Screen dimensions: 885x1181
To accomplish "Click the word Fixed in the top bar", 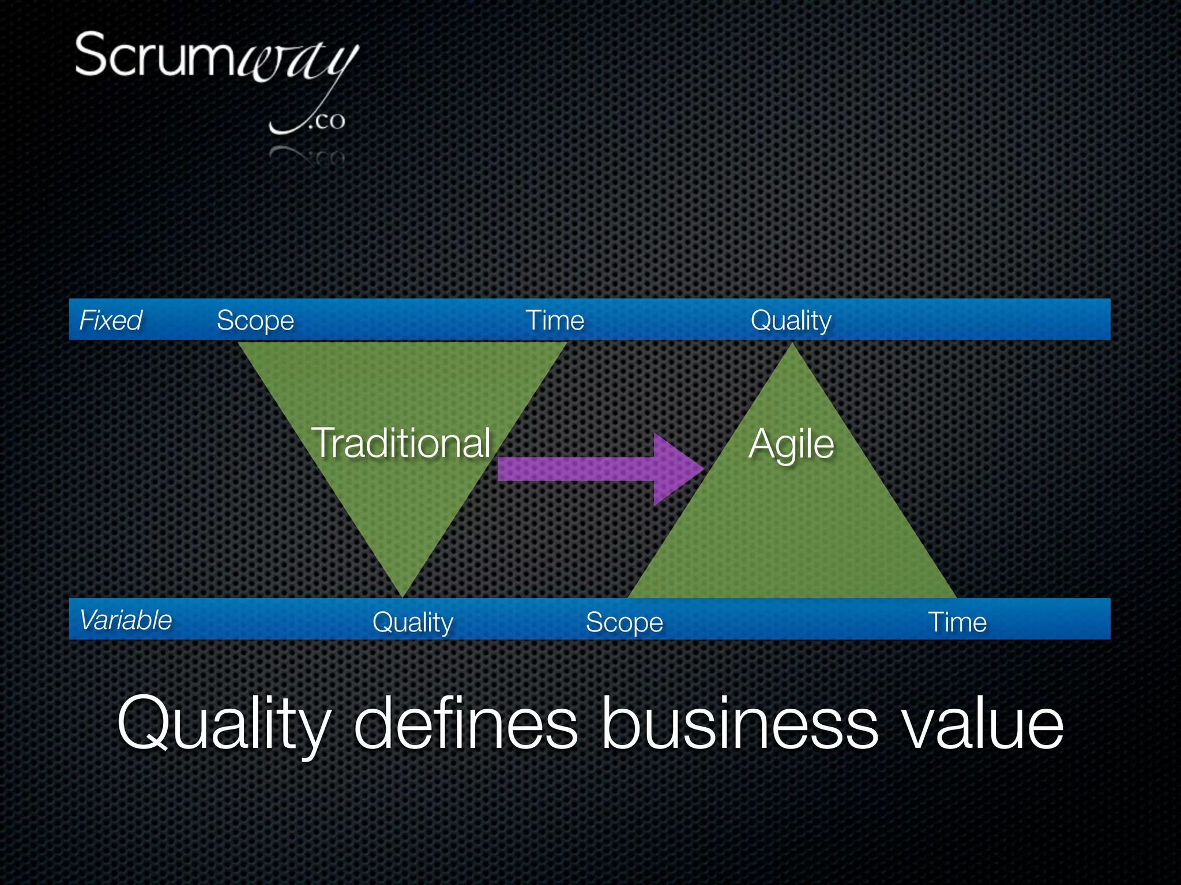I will [x=111, y=320].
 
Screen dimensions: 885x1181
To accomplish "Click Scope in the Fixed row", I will [x=255, y=321].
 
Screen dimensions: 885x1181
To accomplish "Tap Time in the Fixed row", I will [x=555, y=320].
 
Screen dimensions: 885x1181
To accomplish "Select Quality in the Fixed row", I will [x=791, y=321].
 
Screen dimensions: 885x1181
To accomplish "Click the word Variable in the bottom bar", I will [x=126, y=620].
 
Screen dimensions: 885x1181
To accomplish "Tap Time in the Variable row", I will [x=957, y=622].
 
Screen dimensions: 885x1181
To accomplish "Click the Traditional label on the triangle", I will [x=401, y=443].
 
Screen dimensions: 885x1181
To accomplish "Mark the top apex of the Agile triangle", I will [x=793, y=347].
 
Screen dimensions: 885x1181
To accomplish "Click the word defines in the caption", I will [x=465, y=724].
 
